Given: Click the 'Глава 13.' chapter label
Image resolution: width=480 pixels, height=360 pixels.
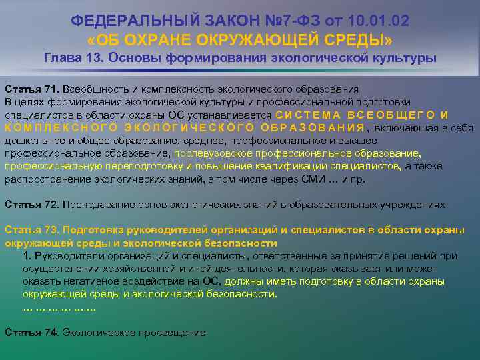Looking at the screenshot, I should [x=72, y=58].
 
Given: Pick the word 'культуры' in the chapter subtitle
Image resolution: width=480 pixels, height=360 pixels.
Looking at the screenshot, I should [x=407, y=58].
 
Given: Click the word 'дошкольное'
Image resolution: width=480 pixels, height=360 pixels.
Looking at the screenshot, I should [x=29, y=141].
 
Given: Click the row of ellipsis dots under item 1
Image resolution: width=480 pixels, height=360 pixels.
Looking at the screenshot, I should [x=59, y=307].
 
